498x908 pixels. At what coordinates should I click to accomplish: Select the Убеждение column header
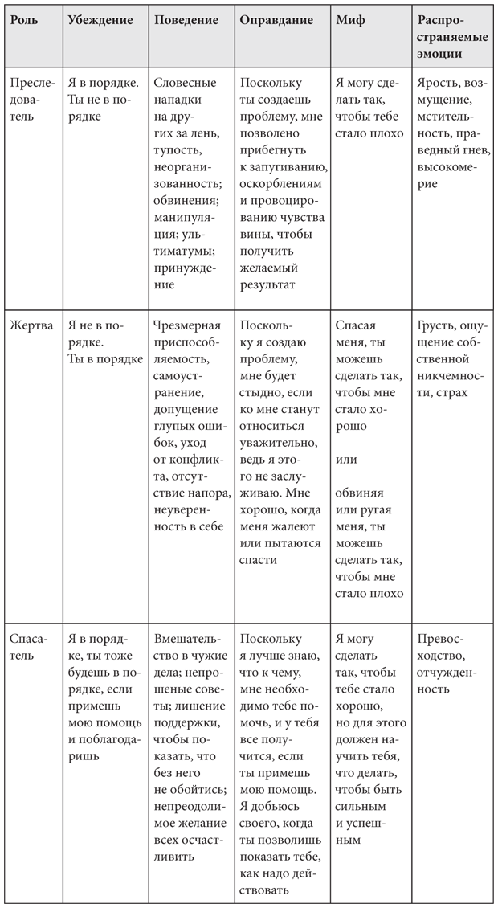(x=100, y=20)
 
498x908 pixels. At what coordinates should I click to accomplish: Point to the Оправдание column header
(x=276, y=20)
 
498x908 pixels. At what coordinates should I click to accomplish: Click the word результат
(x=267, y=284)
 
